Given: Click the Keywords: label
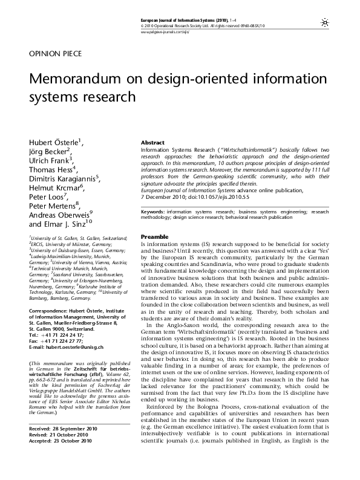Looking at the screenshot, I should coord(153,213).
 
